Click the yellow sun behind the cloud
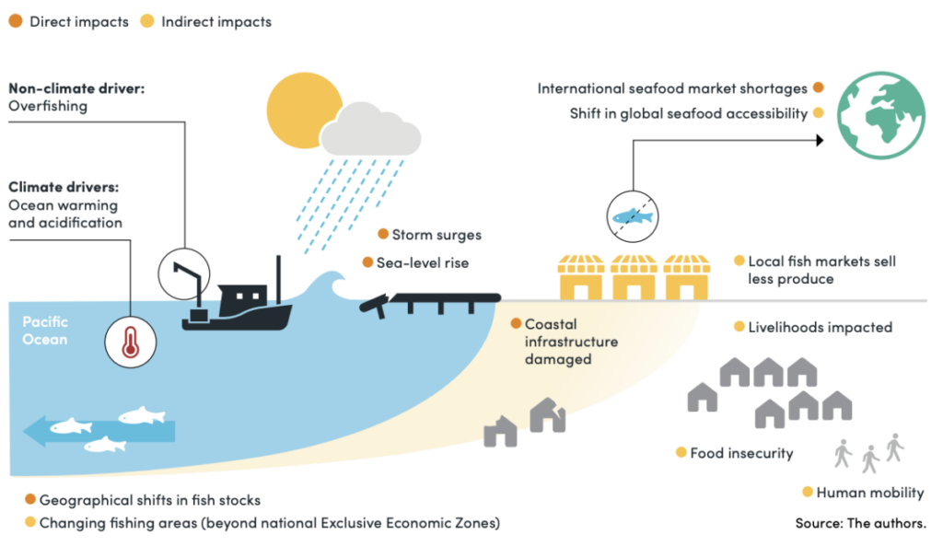(293, 109)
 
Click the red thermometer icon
(129, 340)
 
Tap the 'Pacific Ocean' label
(45, 331)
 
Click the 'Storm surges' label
(436, 235)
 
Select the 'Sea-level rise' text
(422, 262)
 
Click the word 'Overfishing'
(48, 106)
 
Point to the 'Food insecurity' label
(741, 453)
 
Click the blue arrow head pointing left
(35, 430)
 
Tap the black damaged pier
(433, 301)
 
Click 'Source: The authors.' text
(860, 523)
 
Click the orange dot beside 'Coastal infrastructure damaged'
(516, 324)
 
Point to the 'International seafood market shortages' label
(672, 89)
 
